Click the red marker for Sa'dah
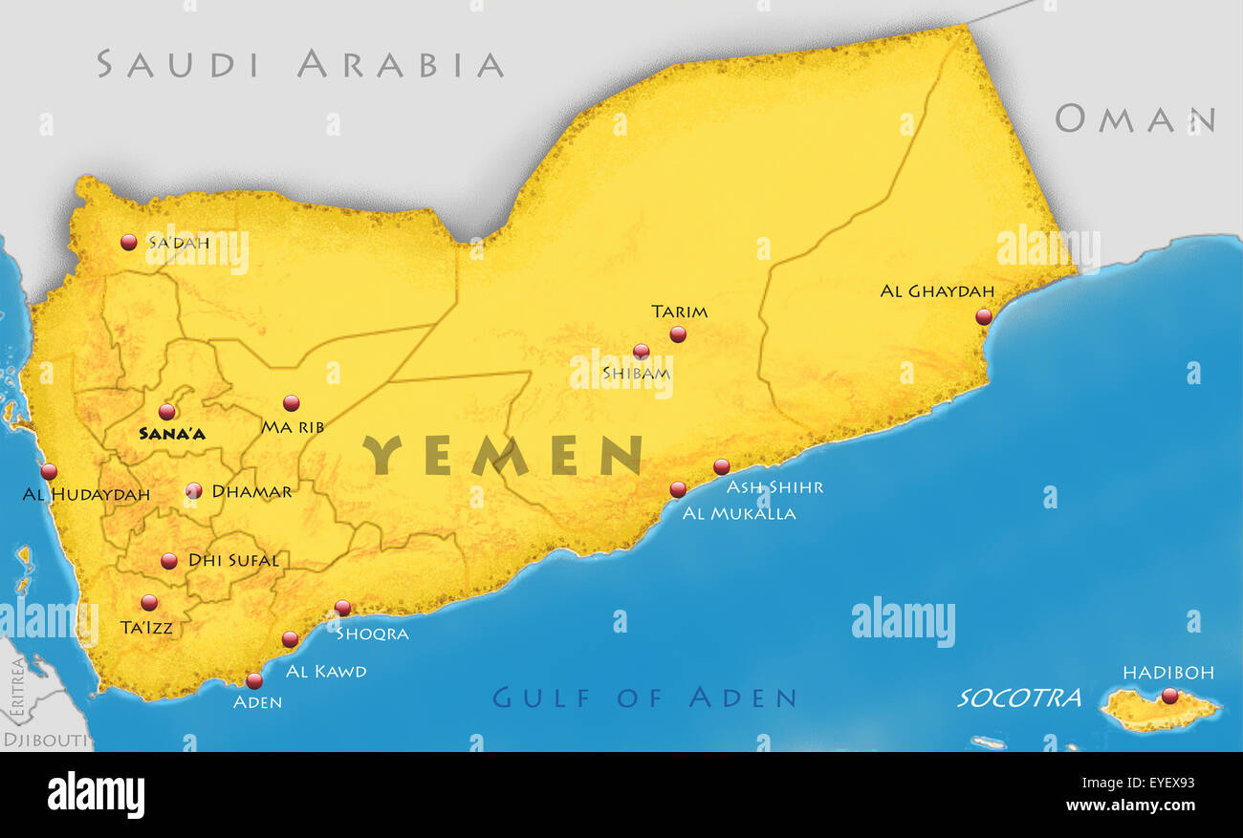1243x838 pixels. (129, 243)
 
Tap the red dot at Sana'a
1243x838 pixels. (167, 412)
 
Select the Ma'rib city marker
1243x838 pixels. (292, 403)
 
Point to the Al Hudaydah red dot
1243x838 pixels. (49, 471)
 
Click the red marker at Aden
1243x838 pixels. (254, 681)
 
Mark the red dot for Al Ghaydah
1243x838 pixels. (983, 317)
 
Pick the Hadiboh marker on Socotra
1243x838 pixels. (1168, 696)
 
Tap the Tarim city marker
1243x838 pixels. (678, 334)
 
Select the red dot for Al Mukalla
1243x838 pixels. (678, 490)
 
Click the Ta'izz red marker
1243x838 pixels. (149, 603)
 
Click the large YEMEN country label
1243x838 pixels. (502, 456)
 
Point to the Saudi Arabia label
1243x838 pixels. (300, 64)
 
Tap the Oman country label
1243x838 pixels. (1134, 119)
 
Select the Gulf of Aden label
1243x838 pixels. (644, 698)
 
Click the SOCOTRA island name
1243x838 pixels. (1019, 698)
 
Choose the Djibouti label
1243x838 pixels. (45, 740)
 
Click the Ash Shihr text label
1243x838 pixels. (774, 487)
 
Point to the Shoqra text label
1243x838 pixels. (372, 634)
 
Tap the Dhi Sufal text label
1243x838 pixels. (233, 561)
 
